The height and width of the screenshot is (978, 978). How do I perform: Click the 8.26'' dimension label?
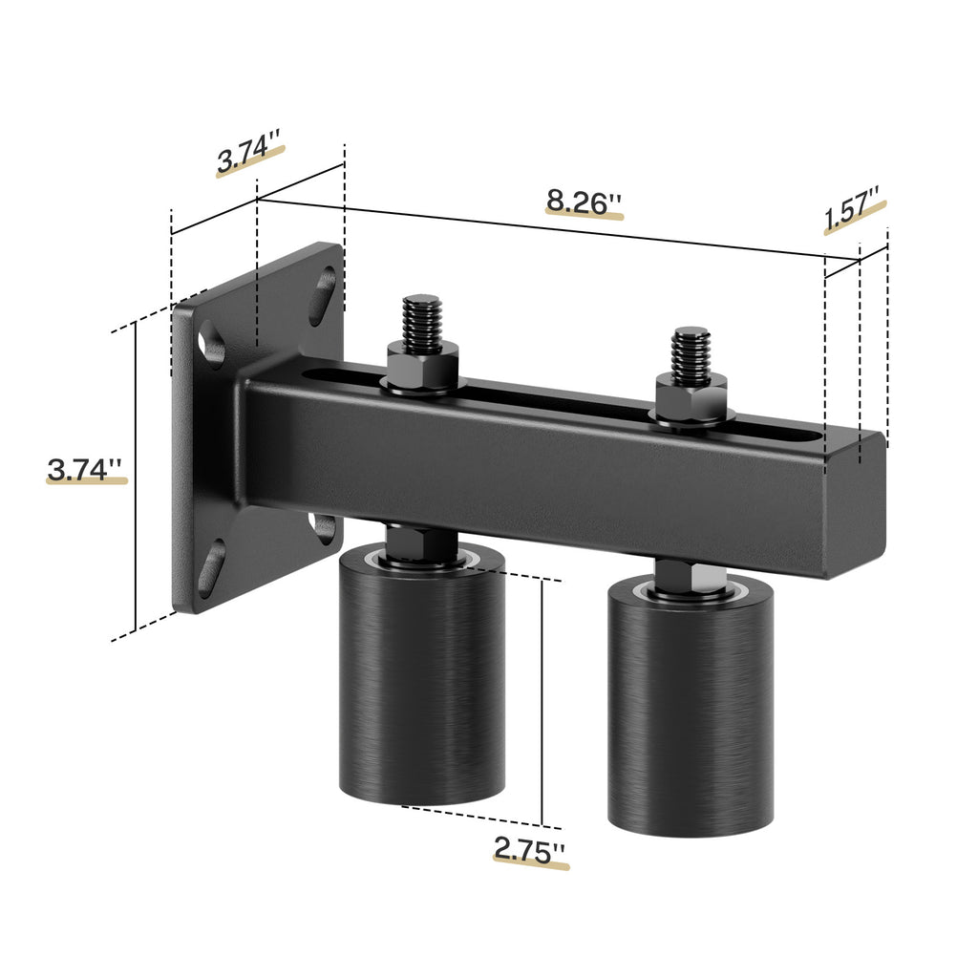584,202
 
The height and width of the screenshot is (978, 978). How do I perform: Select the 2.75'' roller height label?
529,847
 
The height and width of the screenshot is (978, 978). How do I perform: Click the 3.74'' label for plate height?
86,469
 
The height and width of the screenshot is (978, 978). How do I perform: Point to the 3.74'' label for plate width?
249,158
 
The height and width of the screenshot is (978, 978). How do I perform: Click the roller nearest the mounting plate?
421,678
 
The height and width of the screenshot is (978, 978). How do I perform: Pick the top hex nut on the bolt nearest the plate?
422,366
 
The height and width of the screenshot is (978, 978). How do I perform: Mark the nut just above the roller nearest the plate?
420,542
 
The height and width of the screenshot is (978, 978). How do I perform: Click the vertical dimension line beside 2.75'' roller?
542,702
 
